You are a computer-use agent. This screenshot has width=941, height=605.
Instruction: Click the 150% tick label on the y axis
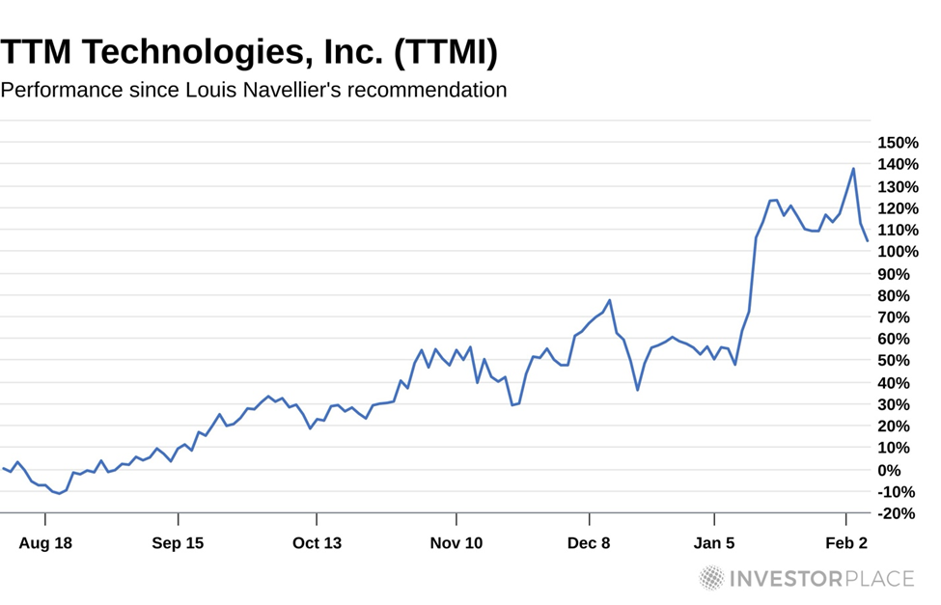(897, 143)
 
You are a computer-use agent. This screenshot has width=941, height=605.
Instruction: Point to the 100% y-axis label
(897, 252)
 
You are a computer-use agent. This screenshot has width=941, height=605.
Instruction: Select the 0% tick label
(904, 470)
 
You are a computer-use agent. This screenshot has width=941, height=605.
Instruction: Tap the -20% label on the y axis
(897, 513)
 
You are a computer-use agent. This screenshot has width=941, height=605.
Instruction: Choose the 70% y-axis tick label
(900, 317)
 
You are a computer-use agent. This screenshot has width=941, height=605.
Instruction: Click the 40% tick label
(900, 383)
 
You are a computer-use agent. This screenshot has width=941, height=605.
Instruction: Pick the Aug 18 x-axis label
(45, 543)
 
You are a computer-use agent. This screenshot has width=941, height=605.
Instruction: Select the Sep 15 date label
(178, 543)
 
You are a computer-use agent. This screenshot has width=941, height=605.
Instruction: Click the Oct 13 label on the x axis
(318, 543)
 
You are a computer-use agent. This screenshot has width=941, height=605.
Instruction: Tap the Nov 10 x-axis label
(457, 543)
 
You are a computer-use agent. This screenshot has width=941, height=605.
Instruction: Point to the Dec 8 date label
(589, 543)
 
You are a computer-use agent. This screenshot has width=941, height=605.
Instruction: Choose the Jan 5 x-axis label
(714, 543)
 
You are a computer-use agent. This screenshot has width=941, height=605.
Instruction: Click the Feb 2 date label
(845, 543)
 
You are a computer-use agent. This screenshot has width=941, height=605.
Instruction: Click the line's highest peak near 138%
(853, 169)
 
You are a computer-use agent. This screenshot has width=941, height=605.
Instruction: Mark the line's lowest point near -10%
(59, 493)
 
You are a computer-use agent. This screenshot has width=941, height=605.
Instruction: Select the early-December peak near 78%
(610, 300)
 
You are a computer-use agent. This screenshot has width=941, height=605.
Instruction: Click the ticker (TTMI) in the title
(445, 52)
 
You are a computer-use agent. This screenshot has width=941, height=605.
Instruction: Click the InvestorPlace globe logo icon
(711, 578)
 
